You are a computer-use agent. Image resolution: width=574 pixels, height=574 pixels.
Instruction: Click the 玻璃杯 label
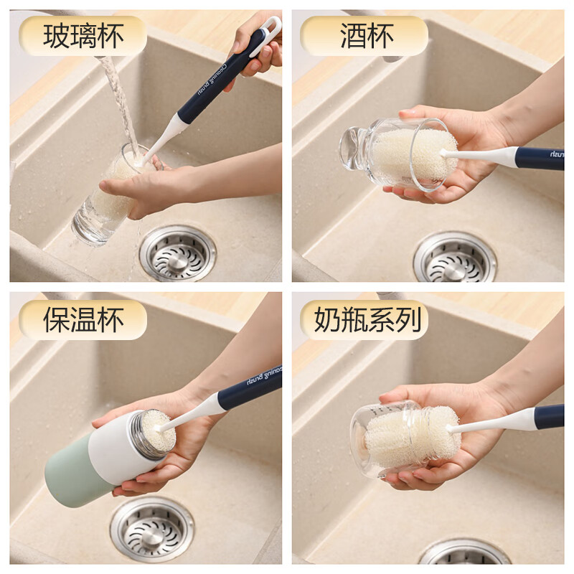pyautogui.click(x=83, y=36)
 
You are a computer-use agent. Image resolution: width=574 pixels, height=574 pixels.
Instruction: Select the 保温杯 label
pyautogui.click(x=83, y=319)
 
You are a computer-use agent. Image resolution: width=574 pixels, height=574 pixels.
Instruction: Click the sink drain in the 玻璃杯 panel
pyautogui.click(x=177, y=253)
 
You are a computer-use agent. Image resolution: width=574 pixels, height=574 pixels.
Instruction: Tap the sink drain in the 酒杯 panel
pyautogui.click(x=455, y=257)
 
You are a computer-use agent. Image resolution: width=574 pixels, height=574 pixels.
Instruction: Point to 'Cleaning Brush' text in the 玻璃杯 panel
pyautogui.click(x=212, y=79)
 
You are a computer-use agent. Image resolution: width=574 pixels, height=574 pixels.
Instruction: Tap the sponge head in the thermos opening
pyautogui.click(x=158, y=430)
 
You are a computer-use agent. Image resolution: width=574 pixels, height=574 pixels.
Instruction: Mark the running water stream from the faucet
pyautogui.click(x=119, y=103)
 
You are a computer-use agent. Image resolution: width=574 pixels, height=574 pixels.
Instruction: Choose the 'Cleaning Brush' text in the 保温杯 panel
pyautogui.click(x=264, y=375)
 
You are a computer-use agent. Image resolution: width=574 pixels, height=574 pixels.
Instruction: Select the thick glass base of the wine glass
pyautogui.click(x=352, y=149)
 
